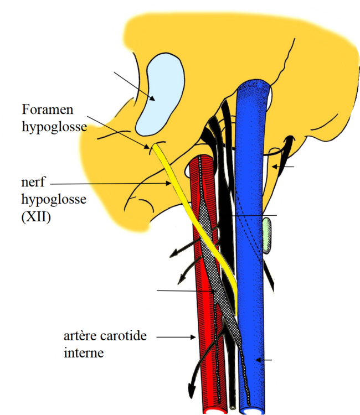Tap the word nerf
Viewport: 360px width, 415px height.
pos(33,183)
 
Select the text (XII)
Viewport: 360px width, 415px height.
pos(36,217)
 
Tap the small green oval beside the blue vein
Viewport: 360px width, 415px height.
pos(267,236)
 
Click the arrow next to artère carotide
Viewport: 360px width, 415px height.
pos(177,336)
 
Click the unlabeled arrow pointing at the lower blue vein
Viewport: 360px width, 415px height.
pos(266,361)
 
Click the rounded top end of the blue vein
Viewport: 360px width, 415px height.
pos(254,87)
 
